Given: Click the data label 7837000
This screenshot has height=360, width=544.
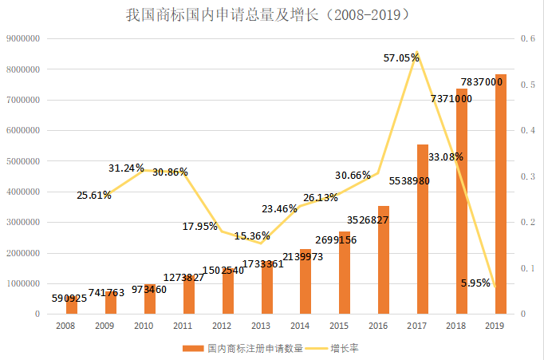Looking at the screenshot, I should pos(483,81).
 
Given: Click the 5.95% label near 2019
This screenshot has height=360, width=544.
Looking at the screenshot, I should pos(476,282).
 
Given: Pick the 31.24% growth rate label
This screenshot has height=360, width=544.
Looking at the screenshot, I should pos(127,168).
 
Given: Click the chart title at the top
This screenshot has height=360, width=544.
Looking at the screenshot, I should pos(271,15).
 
